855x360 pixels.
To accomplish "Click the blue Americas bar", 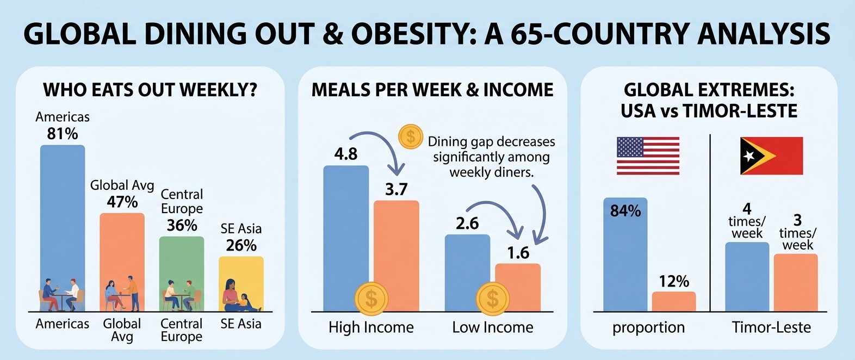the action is tap(63, 228).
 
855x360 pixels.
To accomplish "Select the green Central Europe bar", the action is tap(182, 274).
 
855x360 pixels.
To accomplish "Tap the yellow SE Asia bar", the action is tap(241, 284).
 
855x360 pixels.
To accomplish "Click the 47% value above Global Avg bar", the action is tap(122, 202).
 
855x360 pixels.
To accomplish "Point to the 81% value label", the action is tap(63, 134).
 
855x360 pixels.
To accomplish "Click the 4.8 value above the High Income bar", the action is tap(346, 154).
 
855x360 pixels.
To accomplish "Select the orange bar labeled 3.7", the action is tap(396, 256).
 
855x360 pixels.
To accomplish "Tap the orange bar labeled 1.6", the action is tap(518, 288).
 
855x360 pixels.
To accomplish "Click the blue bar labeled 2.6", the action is tap(468, 273).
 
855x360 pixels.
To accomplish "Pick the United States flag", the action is tap(648, 156).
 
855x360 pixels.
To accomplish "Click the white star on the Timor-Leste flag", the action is tap(749, 156).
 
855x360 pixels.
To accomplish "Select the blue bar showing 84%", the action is tap(625, 255).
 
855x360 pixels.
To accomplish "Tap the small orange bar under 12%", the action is tap(674, 302).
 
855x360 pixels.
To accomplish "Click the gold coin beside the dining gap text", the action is tap(411, 136).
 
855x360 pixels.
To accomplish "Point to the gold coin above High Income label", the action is tap(371, 299).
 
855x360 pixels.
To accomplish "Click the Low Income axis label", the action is tap(493, 327).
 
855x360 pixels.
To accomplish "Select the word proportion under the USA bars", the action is tap(648, 328).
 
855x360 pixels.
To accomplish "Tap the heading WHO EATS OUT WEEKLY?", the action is tap(150, 90).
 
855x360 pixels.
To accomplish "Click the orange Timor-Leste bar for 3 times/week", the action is tap(796, 282).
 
